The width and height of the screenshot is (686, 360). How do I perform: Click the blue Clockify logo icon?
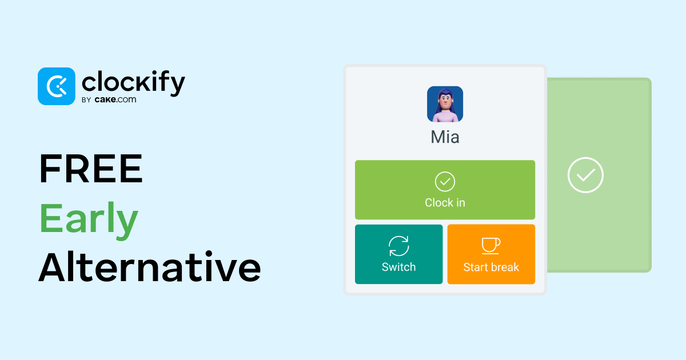pos(57,86)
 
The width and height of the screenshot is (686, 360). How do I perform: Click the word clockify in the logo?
pos(134,83)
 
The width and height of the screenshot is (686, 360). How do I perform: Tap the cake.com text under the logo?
pos(115,99)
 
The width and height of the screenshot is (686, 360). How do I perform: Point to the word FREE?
pos(91,169)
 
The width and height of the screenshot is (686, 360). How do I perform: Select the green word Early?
pos(89,218)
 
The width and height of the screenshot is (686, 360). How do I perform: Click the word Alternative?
pos(150,267)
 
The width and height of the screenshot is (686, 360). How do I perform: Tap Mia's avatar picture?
pos(445,104)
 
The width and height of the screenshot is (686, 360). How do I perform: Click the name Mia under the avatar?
pos(445,137)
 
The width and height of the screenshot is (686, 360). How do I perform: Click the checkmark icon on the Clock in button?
pos(445,182)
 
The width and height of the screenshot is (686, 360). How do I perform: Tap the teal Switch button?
pos(399,254)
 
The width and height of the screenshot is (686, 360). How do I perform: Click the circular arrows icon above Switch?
pos(399,246)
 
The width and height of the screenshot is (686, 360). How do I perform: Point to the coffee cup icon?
pos(491,246)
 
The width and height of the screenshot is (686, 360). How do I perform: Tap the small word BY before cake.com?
pos(86,100)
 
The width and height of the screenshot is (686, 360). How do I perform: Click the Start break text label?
pos(491,267)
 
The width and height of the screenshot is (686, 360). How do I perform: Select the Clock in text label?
pos(445,203)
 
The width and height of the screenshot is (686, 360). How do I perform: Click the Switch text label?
pos(399,267)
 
